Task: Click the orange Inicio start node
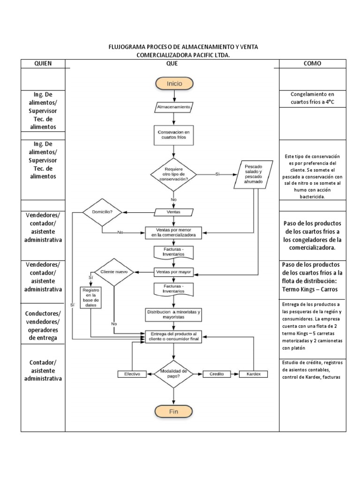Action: [x=174, y=83]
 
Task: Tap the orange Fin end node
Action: [x=174, y=411]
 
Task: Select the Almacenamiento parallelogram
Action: [x=173, y=107]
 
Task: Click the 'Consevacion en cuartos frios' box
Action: [x=173, y=135]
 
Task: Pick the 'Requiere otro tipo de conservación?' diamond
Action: [x=173, y=174]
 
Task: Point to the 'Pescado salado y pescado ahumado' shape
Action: [x=254, y=175]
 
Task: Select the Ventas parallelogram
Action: [x=174, y=212]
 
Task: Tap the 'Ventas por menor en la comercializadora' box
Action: [x=173, y=232]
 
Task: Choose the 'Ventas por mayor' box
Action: [x=173, y=272]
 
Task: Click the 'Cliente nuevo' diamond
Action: [x=114, y=272]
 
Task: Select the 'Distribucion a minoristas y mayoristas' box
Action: [x=173, y=315]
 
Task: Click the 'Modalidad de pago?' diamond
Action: [x=174, y=374]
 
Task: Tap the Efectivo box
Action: [x=132, y=374]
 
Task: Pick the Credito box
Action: [x=217, y=374]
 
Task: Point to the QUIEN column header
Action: [x=43, y=63]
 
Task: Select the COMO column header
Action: [x=312, y=63]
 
